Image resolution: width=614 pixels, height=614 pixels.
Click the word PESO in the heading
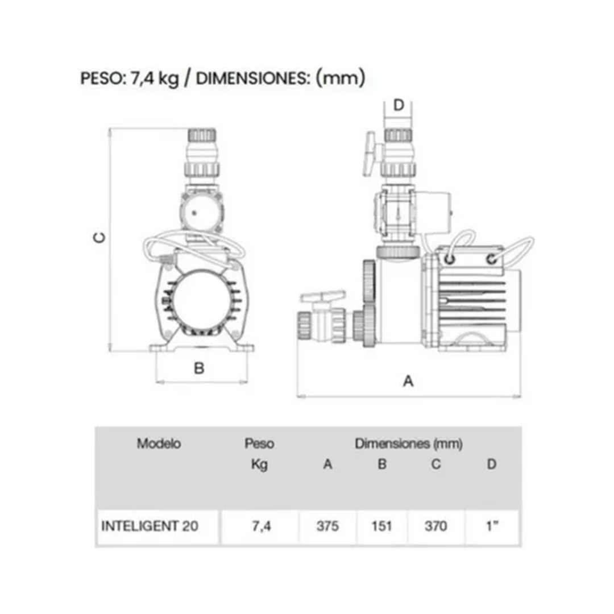point(101,78)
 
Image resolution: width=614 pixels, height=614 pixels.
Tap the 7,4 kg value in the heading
point(154,78)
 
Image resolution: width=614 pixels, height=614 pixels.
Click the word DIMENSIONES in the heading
point(251,78)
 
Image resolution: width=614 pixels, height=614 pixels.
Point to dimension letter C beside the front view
point(99,238)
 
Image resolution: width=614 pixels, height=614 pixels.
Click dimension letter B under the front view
point(200,368)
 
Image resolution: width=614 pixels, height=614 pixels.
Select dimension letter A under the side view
point(408,380)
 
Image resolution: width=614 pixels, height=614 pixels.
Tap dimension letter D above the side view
point(398,105)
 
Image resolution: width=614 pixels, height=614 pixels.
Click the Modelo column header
point(159,443)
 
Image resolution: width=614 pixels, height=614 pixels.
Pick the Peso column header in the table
point(259,443)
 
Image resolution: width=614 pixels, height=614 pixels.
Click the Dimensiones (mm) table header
point(409,443)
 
